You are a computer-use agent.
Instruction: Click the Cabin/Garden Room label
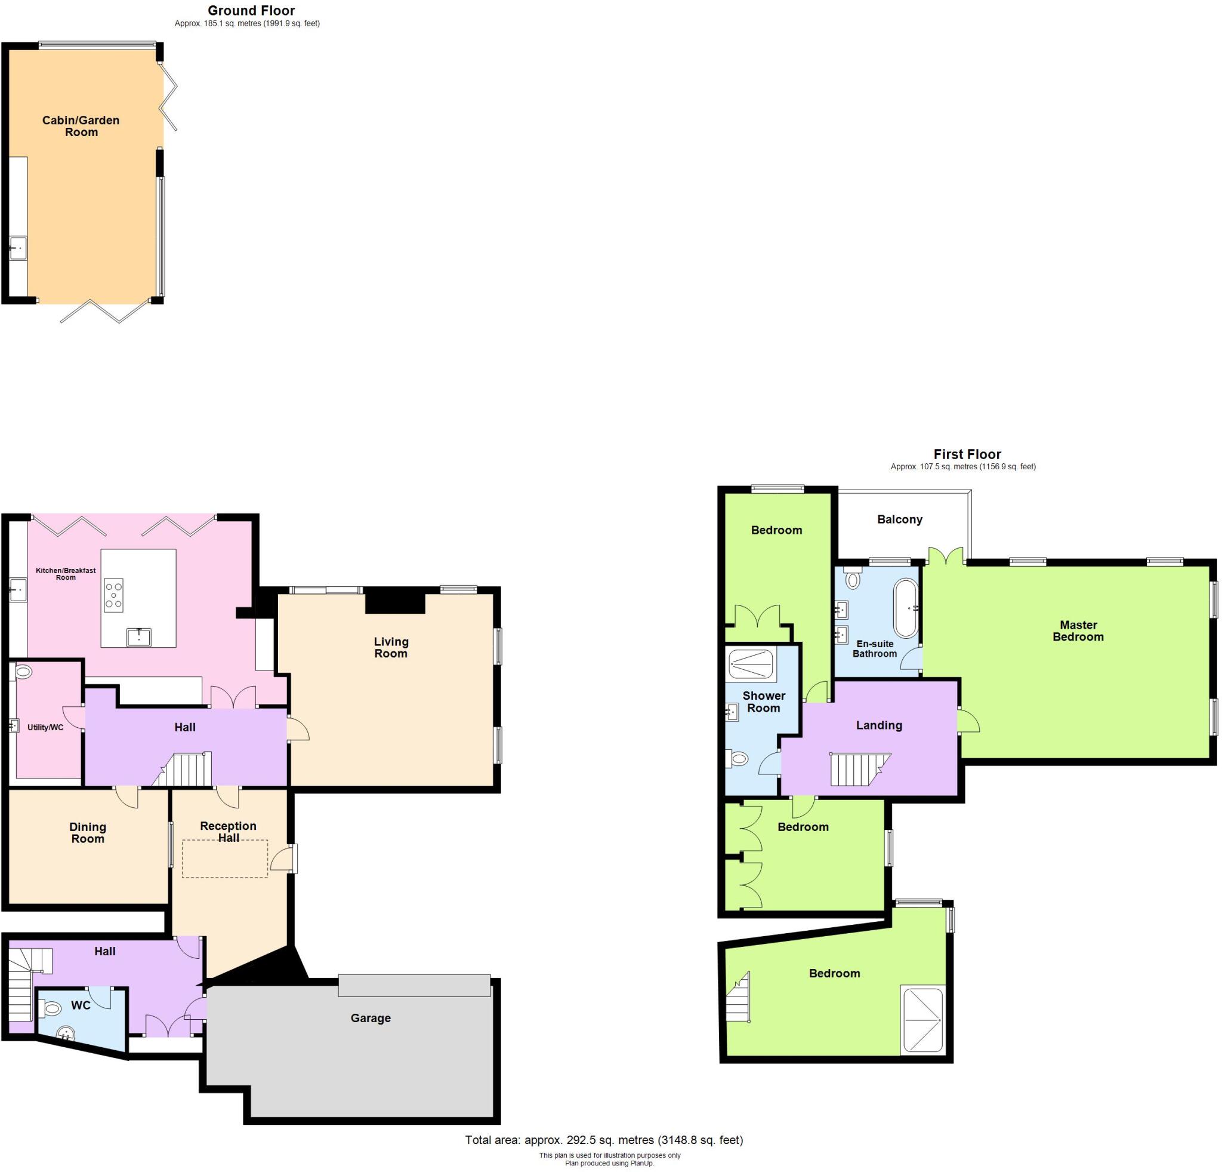[81, 126]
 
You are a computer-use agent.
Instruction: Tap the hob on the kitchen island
[113, 595]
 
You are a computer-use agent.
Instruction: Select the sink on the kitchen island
[138, 637]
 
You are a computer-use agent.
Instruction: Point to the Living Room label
[391, 647]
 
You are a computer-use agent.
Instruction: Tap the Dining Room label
[88, 833]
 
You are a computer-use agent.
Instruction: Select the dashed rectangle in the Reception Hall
[224, 859]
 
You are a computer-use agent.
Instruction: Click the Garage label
[371, 1018]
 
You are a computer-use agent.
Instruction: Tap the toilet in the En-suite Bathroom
[852, 578]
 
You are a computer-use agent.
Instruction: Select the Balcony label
[899, 519]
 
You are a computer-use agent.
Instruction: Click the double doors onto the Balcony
[946, 556]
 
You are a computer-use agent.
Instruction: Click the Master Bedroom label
[1078, 630]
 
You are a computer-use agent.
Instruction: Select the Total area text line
[603, 1140]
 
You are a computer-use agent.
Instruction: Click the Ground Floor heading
[251, 11]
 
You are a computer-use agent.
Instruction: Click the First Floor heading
[967, 454]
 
